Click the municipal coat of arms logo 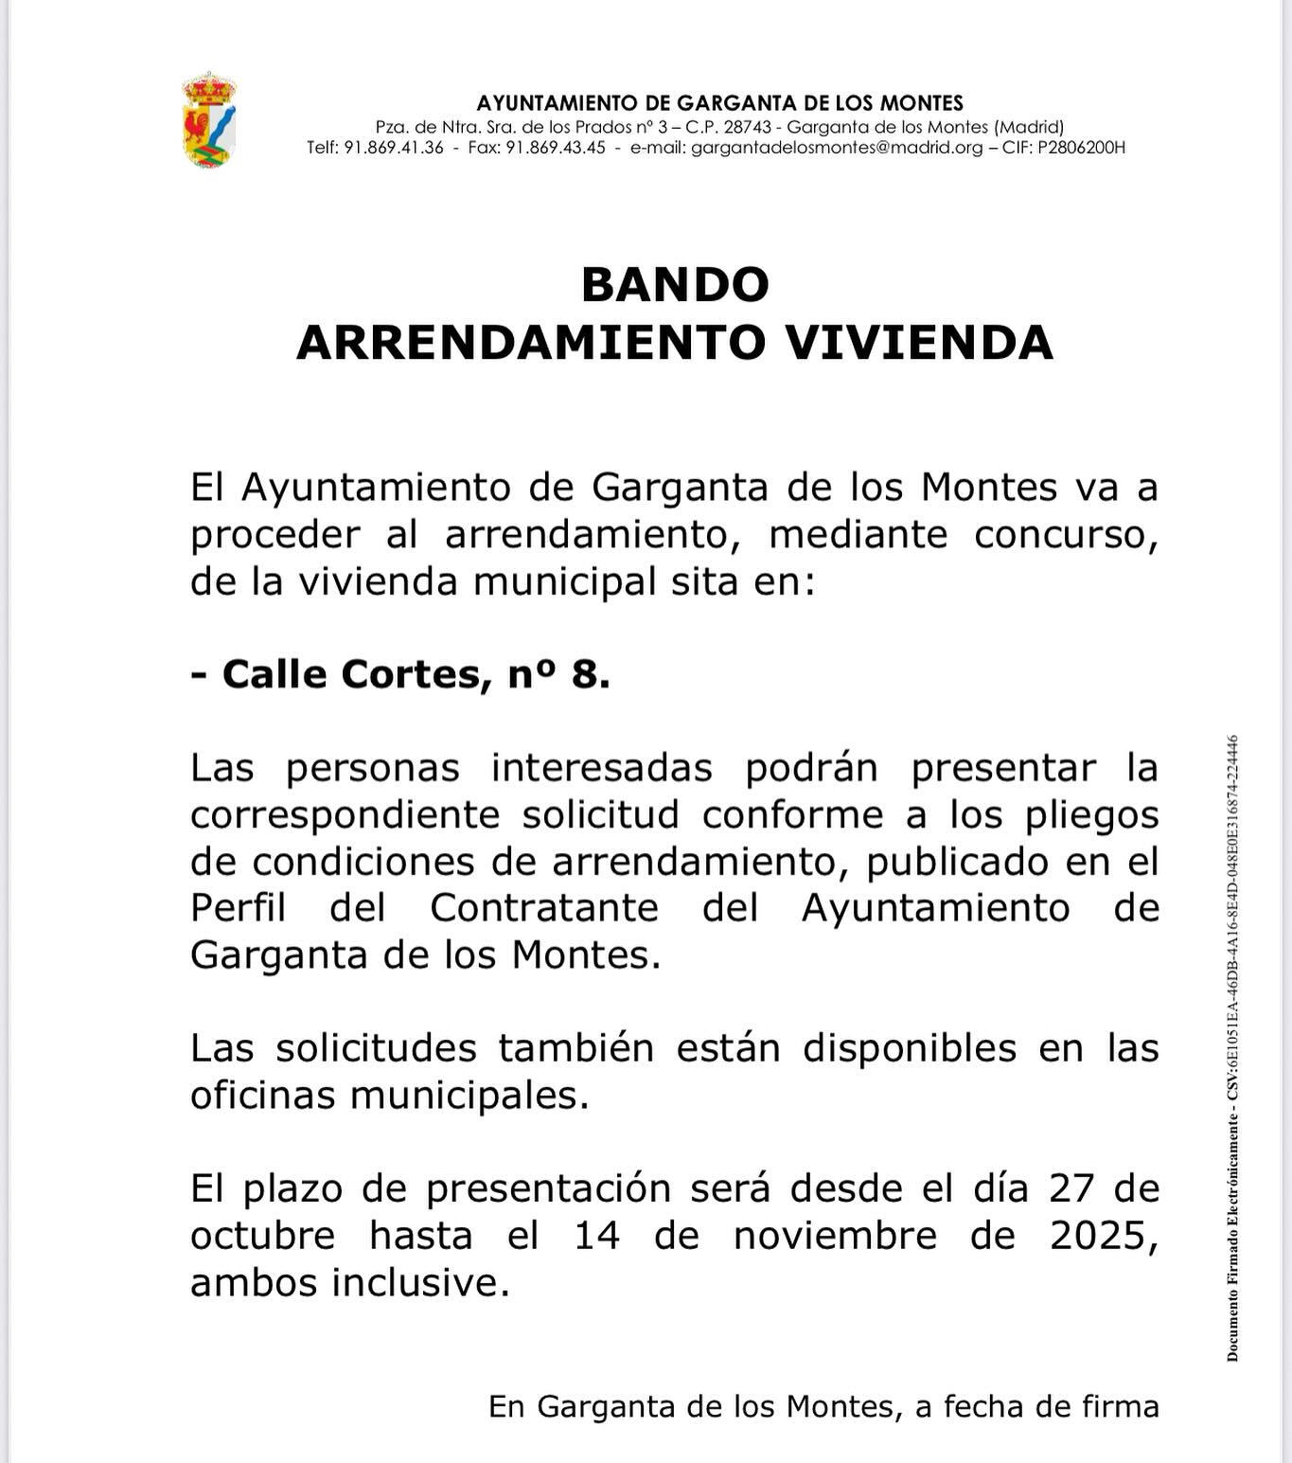[x=208, y=120]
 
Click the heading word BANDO [x=675, y=284]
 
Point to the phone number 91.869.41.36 [x=394, y=148]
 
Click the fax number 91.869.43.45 [x=556, y=148]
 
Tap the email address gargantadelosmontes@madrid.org [x=837, y=148]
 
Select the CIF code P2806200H [x=1082, y=148]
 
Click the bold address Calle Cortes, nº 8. [x=400, y=674]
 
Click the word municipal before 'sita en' [x=564, y=581]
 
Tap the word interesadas [x=601, y=768]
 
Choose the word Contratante [x=544, y=908]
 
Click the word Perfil [x=238, y=908]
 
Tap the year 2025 [x=1104, y=1236]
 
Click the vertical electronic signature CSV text [x=1232, y=1046]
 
